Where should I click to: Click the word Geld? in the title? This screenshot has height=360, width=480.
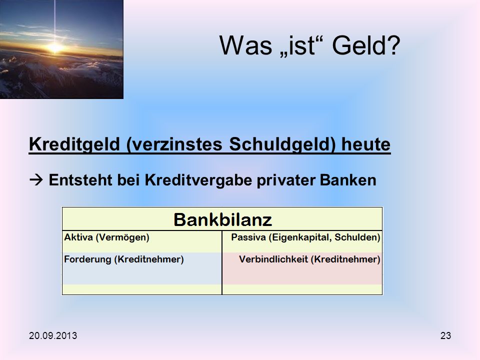[x=366, y=45]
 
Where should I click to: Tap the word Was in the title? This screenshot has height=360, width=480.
[x=246, y=45]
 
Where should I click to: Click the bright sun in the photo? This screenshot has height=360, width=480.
[x=55, y=47]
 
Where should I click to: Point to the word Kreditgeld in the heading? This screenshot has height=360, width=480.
[x=74, y=144]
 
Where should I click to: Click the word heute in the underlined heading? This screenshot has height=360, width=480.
[x=366, y=144]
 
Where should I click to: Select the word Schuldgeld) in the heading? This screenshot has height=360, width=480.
[x=282, y=144]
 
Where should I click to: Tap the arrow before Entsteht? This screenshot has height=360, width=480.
[x=36, y=180]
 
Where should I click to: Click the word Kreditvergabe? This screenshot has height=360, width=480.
[x=198, y=180]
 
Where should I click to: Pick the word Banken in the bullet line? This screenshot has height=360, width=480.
[x=348, y=180]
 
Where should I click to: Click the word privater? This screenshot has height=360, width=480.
[x=286, y=180]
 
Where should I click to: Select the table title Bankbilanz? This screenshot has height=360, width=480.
[x=222, y=219]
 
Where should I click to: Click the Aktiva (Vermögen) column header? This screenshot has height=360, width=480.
[x=106, y=237]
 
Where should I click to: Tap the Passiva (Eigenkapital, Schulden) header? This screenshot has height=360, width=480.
[x=305, y=237]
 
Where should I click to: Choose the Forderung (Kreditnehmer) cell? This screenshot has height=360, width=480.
[x=123, y=259]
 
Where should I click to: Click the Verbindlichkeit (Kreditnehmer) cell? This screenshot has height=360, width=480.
[x=309, y=259]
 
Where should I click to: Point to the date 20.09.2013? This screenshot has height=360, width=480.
[x=53, y=336]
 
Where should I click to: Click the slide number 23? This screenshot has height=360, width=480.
[x=445, y=336]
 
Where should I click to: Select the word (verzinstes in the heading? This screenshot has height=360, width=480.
[x=174, y=144]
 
